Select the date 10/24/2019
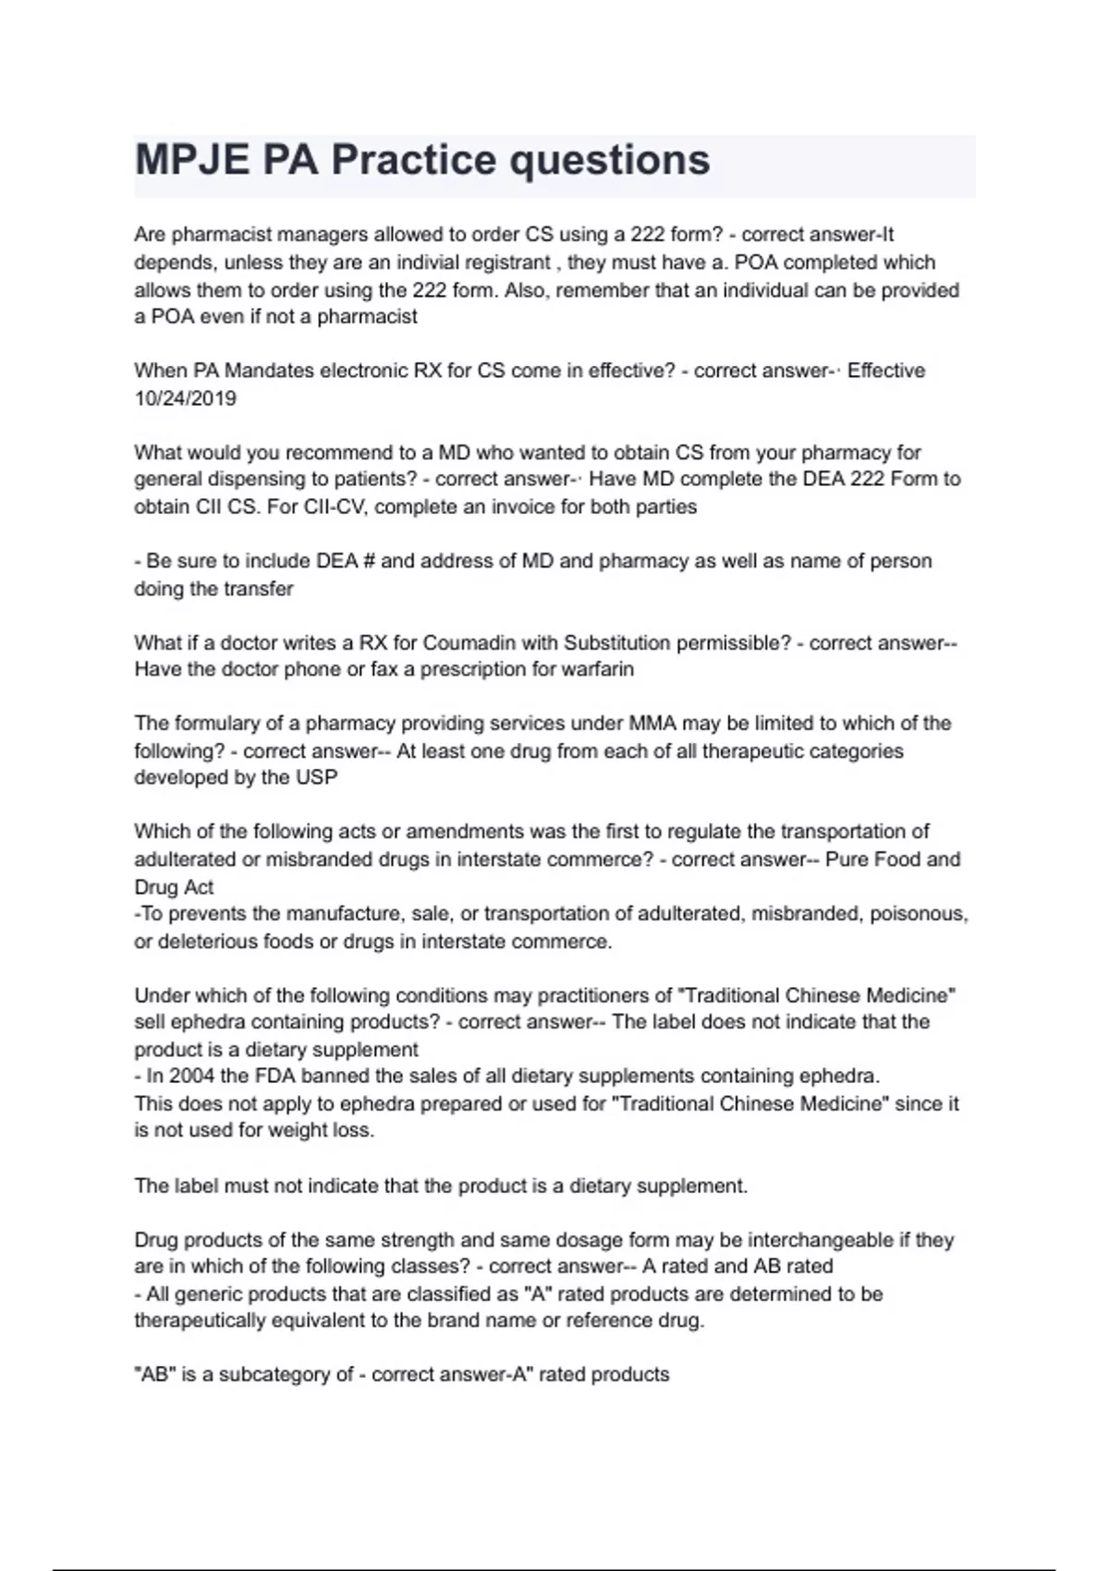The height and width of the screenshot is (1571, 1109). point(185,398)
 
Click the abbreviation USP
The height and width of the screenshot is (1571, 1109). point(316,777)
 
